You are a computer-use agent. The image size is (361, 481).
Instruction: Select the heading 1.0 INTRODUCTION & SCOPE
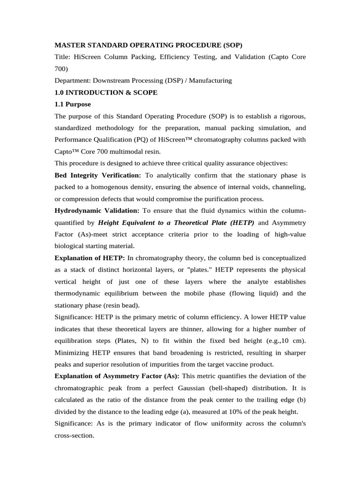tap(106, 93)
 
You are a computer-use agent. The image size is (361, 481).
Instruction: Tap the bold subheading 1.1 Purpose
tap(73, 104)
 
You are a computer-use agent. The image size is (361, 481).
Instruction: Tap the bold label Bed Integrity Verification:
tap(98, 175)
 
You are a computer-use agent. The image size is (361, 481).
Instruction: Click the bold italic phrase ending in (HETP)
tap(176, 223)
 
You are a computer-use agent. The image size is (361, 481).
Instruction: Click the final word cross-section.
tap(74, 435)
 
